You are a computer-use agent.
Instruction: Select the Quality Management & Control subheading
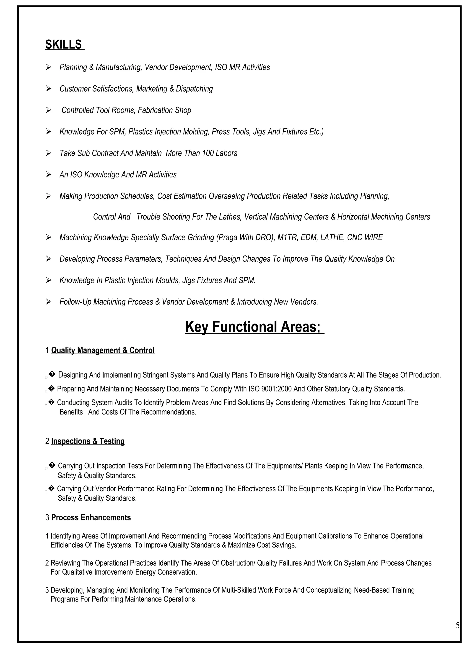[103, 350]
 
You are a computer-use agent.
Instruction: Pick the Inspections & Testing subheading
[88, 441]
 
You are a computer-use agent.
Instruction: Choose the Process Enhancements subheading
[91, 518]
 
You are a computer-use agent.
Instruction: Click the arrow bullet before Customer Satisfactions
[49, 89]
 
